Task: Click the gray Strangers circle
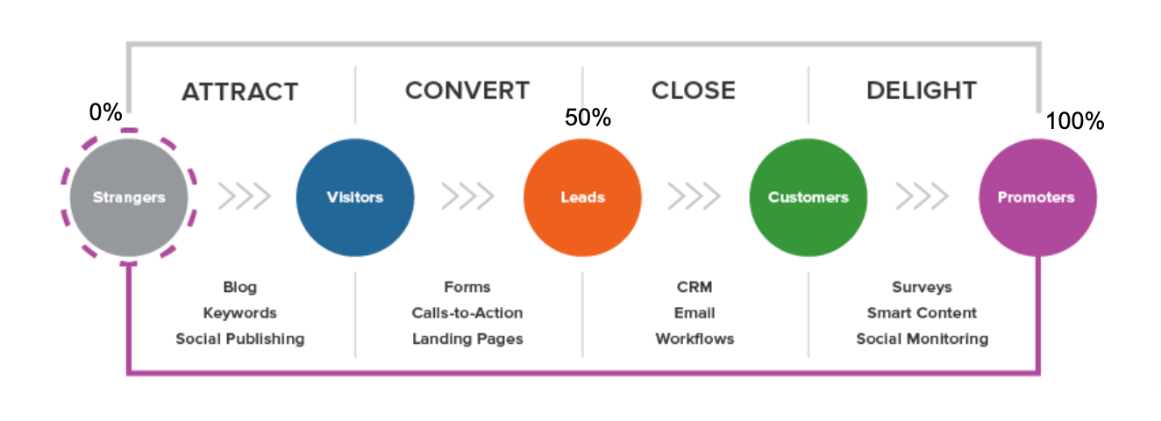129,197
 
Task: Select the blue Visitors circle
355,197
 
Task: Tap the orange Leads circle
582,197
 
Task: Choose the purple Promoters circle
1036,197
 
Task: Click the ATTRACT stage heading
239,91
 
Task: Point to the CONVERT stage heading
467,90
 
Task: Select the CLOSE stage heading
693,90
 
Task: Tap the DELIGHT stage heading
921,90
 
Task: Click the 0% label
105,112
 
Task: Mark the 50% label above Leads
588,118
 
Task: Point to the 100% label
1074,121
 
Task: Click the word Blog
239,288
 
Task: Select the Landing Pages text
467,339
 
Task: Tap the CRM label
694,287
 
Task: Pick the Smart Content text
922,313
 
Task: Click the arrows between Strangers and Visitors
243,197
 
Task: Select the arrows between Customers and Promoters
921,197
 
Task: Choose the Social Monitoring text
922,339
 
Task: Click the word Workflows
694,339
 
